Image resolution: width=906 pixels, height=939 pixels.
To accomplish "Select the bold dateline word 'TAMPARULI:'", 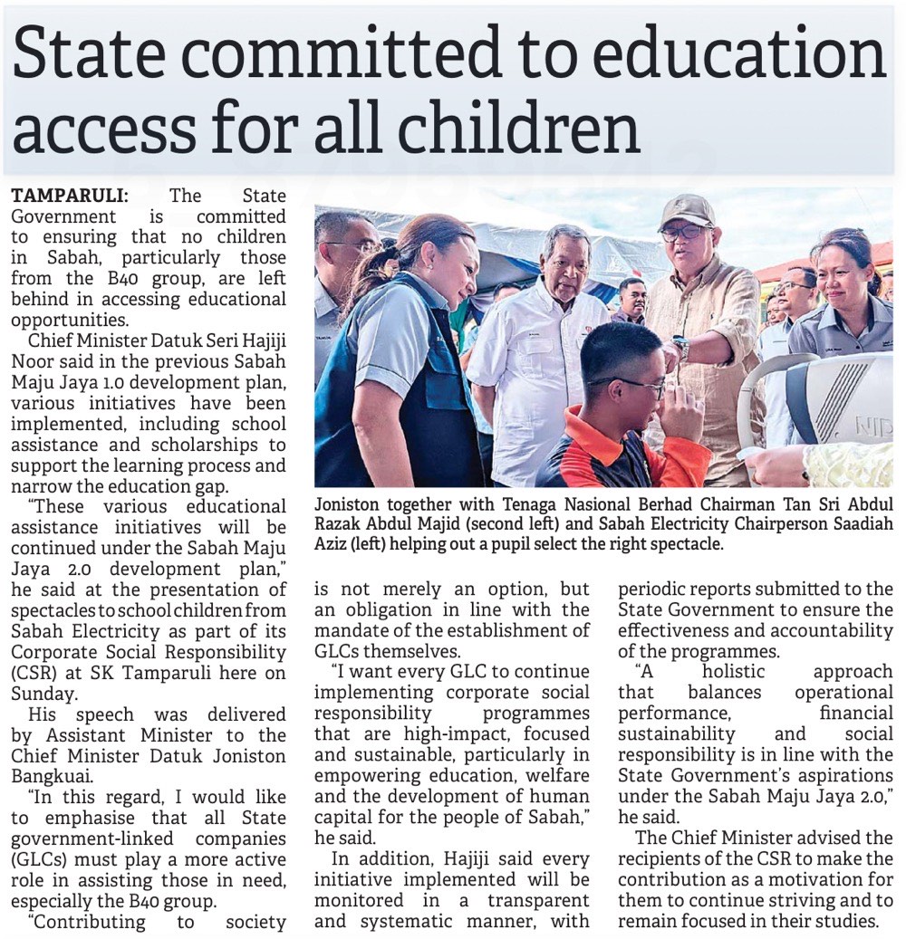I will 70,196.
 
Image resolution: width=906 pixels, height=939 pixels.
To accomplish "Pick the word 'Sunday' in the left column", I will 40,693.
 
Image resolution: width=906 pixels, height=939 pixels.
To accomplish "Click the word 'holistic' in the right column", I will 734,672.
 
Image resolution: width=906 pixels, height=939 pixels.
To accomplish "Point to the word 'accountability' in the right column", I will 834,629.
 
